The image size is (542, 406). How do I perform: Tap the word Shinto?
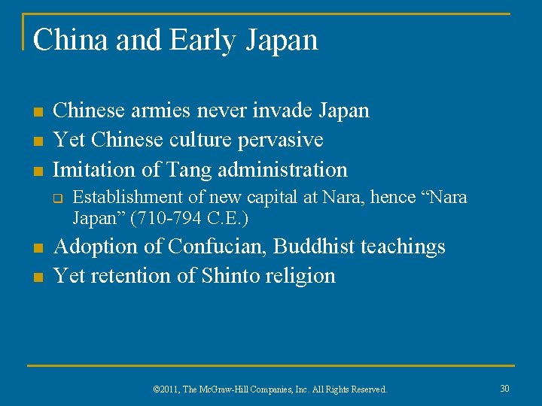click(230, 276)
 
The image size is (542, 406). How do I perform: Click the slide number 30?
click(504, 388)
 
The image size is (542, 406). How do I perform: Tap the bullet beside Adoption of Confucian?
click(35, 248)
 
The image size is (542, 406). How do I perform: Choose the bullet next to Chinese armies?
click(35, 112)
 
